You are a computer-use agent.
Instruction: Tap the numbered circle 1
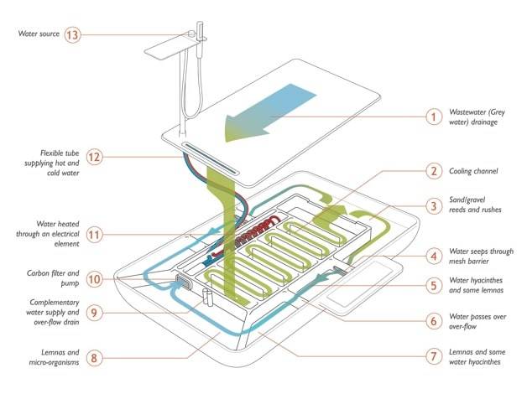433,117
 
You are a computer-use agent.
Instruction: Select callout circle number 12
95,157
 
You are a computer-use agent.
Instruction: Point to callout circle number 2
433,171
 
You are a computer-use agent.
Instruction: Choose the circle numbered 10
95,278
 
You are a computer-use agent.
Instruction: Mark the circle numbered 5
433,286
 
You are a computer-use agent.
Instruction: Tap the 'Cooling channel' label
474,171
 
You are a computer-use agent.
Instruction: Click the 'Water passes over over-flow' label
477,321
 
